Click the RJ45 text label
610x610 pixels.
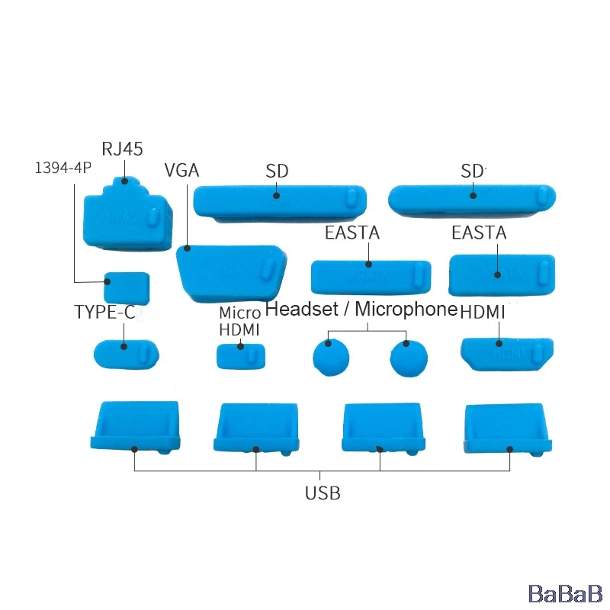(x=122, y=149)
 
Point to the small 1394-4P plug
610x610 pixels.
(x=127, y=287)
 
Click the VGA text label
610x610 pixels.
(x=181, y=170)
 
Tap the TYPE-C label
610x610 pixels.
(x=104, y=312)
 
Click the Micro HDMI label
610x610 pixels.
(x=239, y=322)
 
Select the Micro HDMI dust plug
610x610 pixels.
(x=242, y=356)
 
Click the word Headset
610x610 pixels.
(x=300, y=310)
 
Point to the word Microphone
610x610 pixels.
(x=406, y=310)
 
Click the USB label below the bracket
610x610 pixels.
(x=323, y=493)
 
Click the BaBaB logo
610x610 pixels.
(x=566, y=592)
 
